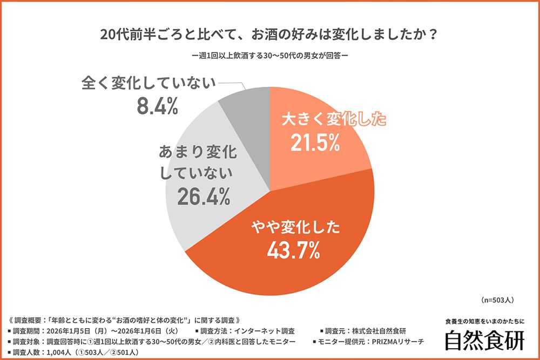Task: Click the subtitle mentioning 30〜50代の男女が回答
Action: pos(269,56)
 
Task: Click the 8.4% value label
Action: pos(157,107)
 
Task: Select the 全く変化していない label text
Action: pos(148,84)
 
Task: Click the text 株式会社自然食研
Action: pos(378,331)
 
